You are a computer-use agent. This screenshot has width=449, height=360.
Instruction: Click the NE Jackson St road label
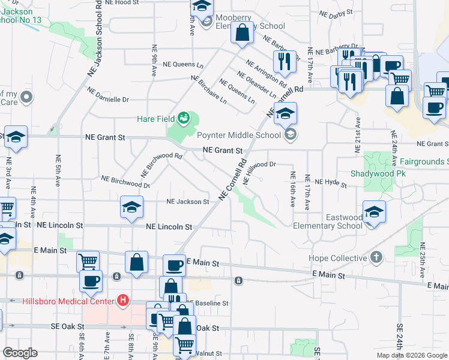(x=187, y=202)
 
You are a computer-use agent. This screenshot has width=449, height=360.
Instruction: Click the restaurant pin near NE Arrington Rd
(x=283, y=61)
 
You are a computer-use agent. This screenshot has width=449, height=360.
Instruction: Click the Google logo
(x=20, y=353)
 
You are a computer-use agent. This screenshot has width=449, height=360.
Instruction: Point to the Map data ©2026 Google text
(x=412, y=355)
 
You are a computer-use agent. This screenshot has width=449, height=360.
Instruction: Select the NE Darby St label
(x=336, y=13)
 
